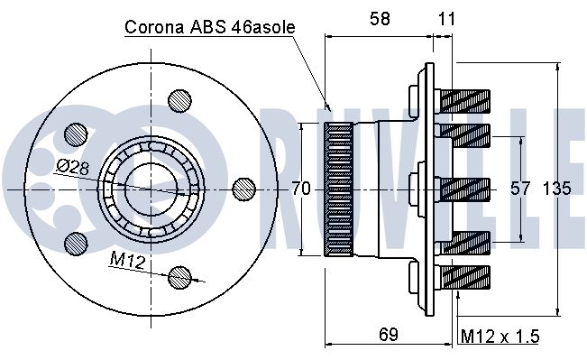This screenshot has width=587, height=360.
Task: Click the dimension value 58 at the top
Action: tap(380, 18)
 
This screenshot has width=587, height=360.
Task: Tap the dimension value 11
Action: tap(446, 18)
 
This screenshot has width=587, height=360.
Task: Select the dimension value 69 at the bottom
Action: tap(389, 334)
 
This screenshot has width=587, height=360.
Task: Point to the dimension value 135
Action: tap(556, 188)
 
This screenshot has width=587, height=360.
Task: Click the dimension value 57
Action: tap(520, 188)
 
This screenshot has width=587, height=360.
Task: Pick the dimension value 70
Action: tap(301, 188)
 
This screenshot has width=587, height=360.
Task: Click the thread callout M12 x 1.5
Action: tap(500, 336)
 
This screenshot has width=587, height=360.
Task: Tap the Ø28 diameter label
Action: tap(73, 168)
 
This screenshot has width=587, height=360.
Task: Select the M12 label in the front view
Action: tap(128, 260)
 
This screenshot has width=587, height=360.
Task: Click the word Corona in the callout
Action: tap(154, 27)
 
